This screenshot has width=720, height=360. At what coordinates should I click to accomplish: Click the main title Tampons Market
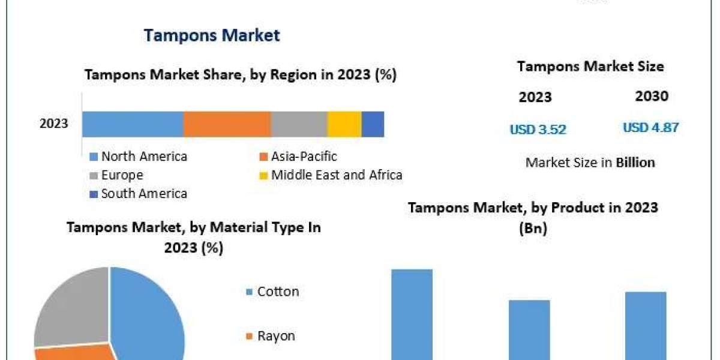click(212, 35)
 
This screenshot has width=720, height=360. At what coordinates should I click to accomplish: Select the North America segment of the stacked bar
click(133, 124)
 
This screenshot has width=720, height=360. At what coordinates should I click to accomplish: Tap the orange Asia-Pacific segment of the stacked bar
click(227, 124)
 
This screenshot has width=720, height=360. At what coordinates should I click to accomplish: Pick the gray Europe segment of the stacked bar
click(299, 124)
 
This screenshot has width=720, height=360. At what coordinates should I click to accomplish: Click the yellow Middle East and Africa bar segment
click(344, 124)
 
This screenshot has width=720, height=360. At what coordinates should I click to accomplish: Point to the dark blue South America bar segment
click(373, 124)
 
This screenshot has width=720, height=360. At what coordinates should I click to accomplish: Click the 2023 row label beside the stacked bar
click(54, 124)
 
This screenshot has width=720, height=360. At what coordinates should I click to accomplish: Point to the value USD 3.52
click(538, 129)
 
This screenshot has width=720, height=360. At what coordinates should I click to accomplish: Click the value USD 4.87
click(650, 128)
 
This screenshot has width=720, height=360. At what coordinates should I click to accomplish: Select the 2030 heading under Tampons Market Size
click(651, 96)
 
